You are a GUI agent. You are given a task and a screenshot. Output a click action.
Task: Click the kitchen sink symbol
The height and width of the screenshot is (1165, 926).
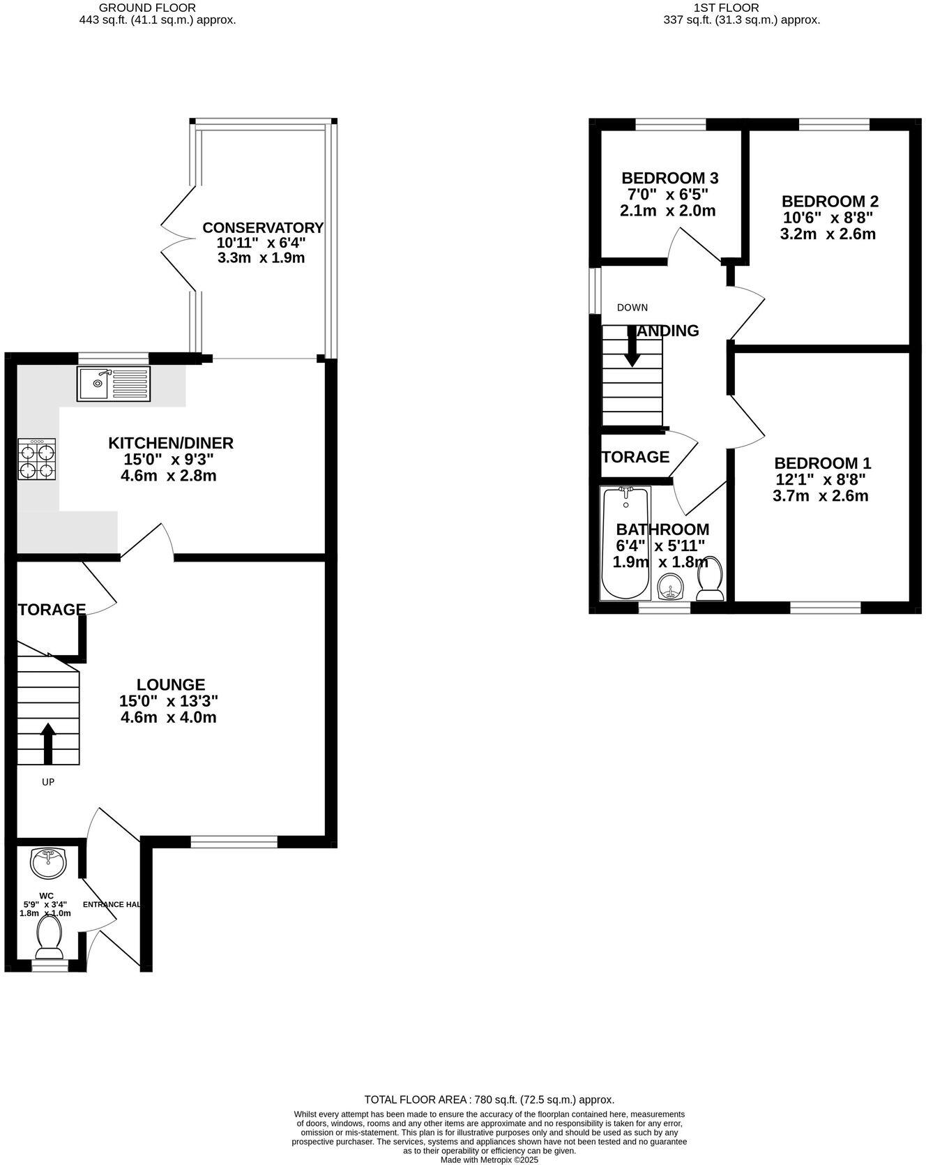coord(114,384)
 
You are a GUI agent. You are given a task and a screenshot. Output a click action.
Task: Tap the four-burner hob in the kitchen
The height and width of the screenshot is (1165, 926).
coord(36,459)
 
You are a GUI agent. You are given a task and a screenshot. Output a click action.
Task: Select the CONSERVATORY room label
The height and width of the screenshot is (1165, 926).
coord(263,227)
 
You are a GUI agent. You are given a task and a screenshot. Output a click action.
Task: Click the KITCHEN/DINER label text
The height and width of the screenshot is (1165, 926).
coord(171,443)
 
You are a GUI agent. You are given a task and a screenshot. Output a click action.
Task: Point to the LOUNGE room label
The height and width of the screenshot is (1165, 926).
coord(171,684)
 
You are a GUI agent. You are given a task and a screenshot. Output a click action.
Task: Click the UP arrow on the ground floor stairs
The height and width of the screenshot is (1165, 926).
coord(48,743)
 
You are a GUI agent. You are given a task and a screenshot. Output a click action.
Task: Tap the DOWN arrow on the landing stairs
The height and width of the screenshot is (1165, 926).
coord(632,347)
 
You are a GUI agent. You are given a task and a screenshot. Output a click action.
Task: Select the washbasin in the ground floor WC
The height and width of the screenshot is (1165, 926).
coord(48,862)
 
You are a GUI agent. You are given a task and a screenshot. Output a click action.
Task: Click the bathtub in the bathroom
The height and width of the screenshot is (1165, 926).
coord(625,544)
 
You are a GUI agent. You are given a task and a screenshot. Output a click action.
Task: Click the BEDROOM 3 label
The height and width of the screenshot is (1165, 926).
coord(669,178)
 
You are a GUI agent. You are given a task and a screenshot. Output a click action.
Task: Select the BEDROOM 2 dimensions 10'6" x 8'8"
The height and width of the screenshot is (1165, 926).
coord(828,218)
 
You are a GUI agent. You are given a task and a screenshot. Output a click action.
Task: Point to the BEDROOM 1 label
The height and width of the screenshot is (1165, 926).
coord(823,463)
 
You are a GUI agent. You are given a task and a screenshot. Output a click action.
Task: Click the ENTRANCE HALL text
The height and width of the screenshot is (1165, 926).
coord(112,904)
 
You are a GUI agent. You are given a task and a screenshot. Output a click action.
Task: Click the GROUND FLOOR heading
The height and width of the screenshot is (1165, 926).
coord(147,8)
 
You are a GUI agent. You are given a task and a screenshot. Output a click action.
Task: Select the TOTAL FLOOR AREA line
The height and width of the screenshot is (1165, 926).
coord(489,1099)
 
